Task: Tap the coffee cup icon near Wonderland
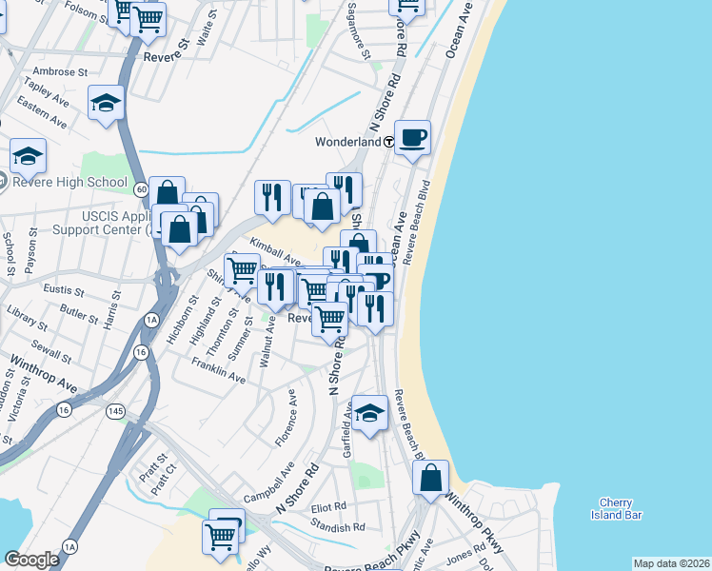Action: [x=412, y=137]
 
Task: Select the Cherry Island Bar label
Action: [x=621, y=508]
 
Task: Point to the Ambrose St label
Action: [x=60, y=71]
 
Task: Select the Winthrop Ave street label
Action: [x=43, y=375]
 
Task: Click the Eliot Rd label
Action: [x=328, y=507]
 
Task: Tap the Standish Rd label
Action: [x=338, y=526]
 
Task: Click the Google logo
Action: [x=31, y=559]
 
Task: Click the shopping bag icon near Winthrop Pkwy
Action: [x=431, y=478]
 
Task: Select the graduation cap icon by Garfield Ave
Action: [x=370, y=412]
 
